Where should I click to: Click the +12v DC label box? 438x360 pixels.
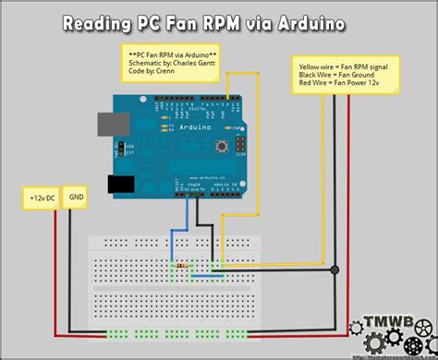coord(42,197)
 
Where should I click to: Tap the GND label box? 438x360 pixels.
coord(77,197)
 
